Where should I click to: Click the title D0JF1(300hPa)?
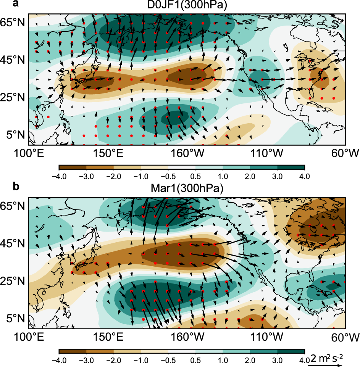[182, 5]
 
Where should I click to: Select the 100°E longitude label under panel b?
[29, 337]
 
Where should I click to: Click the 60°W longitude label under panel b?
[345, 337]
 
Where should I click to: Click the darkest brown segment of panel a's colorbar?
[73, 167]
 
